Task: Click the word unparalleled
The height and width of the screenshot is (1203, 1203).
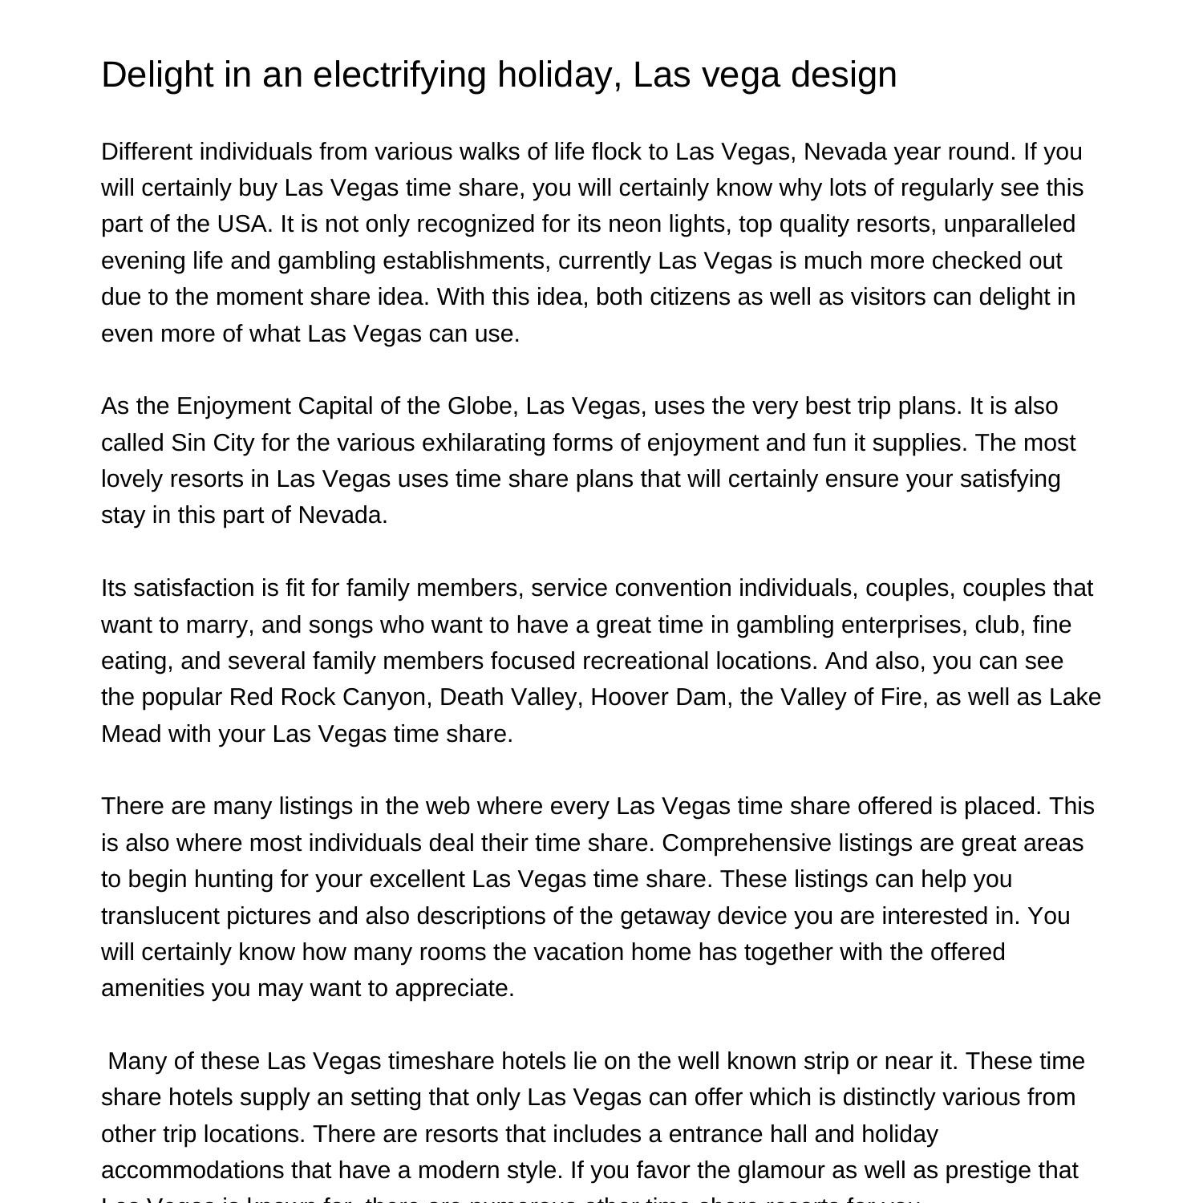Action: (1009, 224)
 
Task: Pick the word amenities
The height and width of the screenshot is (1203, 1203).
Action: (153, 988)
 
